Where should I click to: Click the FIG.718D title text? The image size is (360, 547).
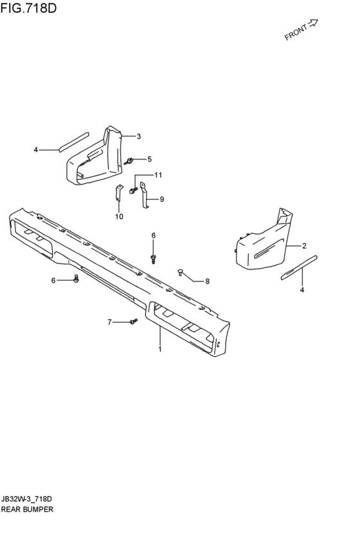[28, 8]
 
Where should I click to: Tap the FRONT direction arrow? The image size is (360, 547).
[313, 23]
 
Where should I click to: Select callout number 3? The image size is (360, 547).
[138, 136]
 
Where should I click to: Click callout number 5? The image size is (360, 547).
[149, 159]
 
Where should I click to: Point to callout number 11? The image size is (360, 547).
[158, 175]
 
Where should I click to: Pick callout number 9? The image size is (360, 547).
[162, 199]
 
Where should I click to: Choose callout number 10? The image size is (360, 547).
[119, 217]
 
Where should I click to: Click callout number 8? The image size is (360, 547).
[207, 281]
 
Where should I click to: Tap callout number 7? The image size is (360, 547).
[109, 322]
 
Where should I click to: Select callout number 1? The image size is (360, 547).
[160, 349]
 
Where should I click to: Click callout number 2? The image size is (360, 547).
[304, 246]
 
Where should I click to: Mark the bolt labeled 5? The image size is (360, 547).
[129, 161]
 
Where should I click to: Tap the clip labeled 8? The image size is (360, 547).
[181, 272]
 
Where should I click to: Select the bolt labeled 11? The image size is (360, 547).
[133, 190]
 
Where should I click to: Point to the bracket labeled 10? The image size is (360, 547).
[118, 193]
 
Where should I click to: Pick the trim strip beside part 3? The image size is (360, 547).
[73, 141]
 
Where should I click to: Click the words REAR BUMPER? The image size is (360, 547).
[27, 509]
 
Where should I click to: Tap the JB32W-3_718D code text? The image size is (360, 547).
[26, 499]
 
